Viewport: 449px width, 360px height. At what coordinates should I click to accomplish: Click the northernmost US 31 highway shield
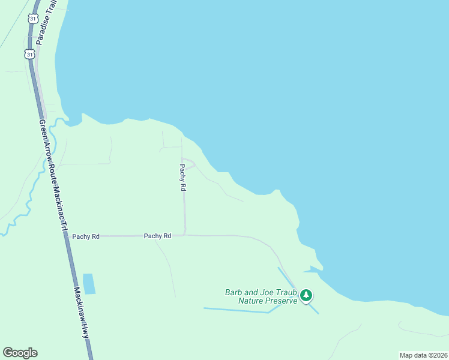[x=32, y=19]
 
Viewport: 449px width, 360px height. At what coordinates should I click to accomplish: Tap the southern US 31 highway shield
[x=29, y=54]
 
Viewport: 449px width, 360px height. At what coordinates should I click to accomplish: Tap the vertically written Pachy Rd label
[x=183, y=178]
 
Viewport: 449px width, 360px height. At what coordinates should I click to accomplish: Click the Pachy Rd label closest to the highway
[x=86, y=236]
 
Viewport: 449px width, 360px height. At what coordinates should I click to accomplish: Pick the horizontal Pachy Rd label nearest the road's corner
[x=158, y=236]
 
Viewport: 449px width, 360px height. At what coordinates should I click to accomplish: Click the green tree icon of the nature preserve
[x=307, y=295]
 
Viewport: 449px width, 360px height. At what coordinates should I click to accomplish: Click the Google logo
[x=20, y=353]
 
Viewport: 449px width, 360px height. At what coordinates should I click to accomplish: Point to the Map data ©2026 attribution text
[x=423, y=355]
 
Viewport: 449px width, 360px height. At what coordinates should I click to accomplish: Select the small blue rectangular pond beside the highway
[x=89, y=284]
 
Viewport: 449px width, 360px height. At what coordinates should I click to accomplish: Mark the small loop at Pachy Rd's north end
[x=188, y=164]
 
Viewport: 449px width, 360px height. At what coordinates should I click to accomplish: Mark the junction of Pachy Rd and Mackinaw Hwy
[x=65, y=236]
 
